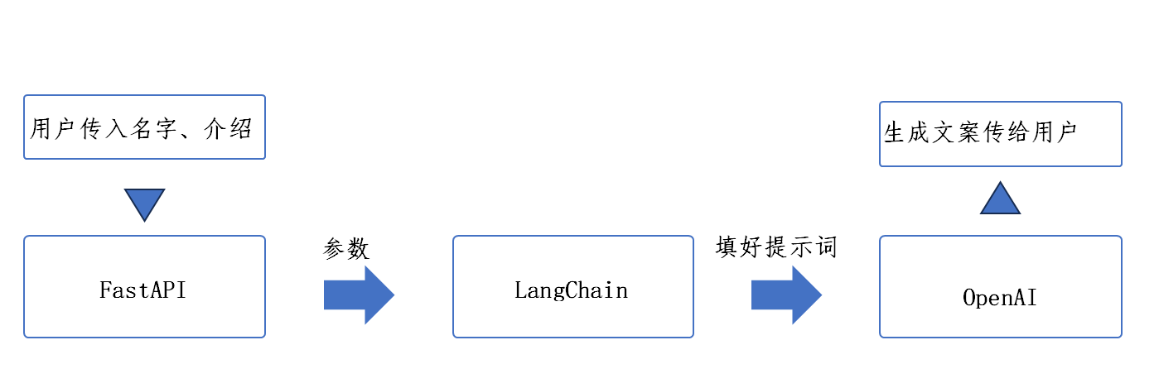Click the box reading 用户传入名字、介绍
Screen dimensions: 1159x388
tap(144, 127)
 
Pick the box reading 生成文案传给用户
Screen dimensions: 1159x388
tap(1000, 134)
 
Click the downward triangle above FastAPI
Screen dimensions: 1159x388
tap(144, 202)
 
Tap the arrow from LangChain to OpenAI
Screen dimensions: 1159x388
tap(785, 295)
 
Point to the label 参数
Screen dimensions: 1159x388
tap(346, 249)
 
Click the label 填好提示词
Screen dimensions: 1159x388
tap(777, 247)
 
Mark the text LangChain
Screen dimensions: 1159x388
tap(571, 291)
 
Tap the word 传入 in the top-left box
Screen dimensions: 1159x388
tap(104, 128)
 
